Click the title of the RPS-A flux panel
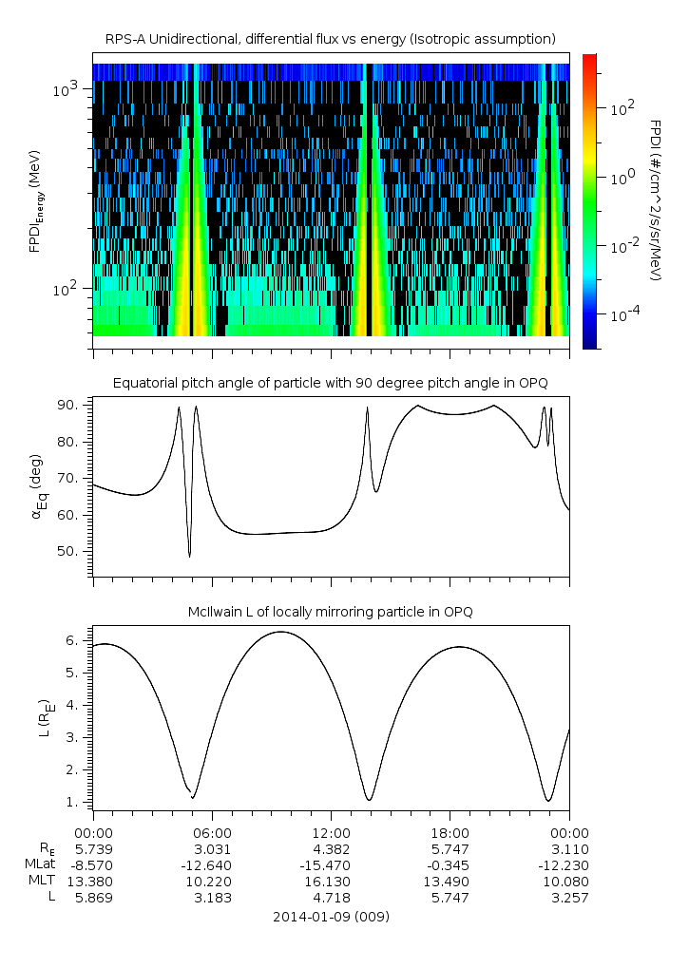(x=330, y=38)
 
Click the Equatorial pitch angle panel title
(x=330, y=383)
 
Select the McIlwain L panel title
(x=330, y=611)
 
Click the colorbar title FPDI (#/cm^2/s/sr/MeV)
(x=655, y=199)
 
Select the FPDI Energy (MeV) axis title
(x=36, y=200)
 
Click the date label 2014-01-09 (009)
(x=331, y=917)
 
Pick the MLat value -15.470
(x=331, y=864)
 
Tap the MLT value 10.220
(x=212, y=881)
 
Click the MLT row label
(x=42, y=881)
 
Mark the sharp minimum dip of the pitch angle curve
(x=190, y=557)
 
